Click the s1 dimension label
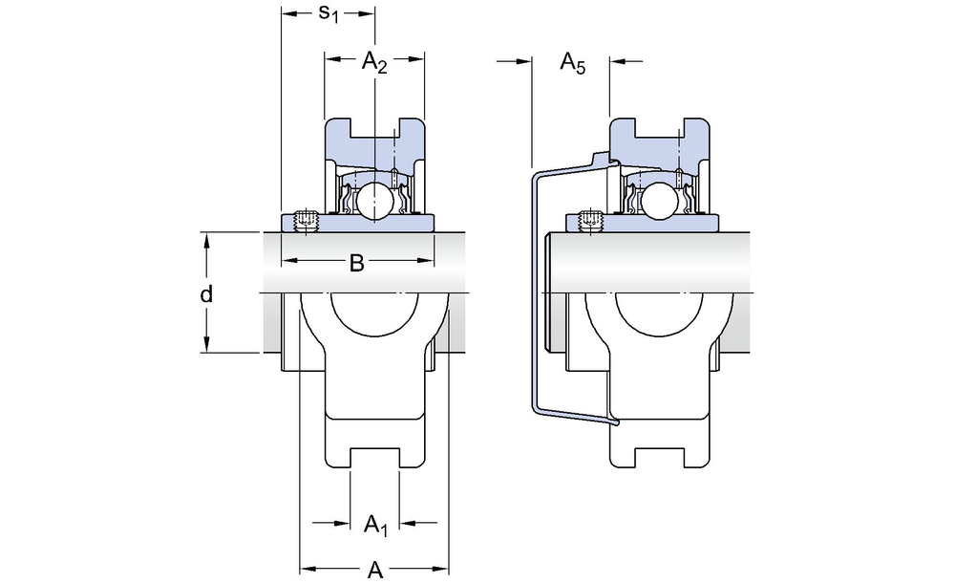[x=328, y=13]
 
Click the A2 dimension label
[x=374, y=63]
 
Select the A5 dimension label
[x=571, y=64]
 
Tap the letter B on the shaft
[x=356, y=263]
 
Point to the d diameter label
[x=206, y=293]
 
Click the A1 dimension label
[x=376, y=523]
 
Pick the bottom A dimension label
[x=375, y=571]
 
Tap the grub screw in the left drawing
[x=306, y=221]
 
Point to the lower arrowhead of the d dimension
[x=206, y=346]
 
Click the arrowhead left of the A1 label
[x=344, y=523]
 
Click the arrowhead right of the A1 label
[x=406, y=523]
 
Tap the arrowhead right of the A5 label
[x=616, y=62]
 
